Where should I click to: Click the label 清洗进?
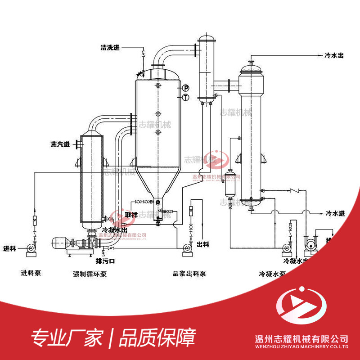point(110,47)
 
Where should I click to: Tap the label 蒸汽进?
point(60,144)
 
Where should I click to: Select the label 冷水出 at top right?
point(334,55)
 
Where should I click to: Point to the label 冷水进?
point(334,213)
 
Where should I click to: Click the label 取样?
point(131,214)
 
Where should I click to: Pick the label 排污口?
point(106,261)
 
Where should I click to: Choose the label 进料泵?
point(31,273)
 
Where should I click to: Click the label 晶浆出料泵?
point(189,273)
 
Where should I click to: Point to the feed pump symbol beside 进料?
point(31,247)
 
